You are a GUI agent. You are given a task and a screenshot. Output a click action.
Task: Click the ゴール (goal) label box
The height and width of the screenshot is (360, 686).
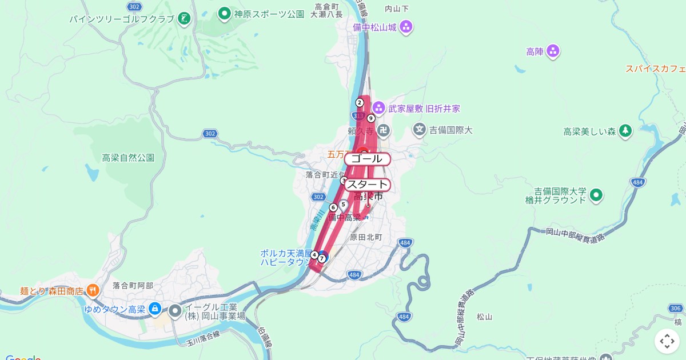367,159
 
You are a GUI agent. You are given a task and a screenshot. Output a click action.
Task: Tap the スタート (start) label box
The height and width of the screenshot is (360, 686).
367,185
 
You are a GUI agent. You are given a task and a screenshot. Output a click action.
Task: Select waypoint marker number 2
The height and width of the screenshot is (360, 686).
360,103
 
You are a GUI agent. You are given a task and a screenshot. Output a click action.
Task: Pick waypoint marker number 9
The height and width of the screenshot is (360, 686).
371,118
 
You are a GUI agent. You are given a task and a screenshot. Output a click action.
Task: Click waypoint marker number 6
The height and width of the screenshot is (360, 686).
333,207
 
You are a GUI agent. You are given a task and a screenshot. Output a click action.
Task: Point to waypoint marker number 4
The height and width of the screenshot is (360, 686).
314,255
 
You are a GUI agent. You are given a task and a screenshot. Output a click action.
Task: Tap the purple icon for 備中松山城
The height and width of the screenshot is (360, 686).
406,26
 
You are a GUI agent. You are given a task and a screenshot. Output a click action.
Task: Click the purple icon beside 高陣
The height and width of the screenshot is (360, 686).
553,52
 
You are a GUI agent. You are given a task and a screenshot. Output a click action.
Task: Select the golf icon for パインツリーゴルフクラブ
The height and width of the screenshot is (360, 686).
184,19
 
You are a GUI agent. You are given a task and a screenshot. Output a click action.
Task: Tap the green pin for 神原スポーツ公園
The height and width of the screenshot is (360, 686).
225,13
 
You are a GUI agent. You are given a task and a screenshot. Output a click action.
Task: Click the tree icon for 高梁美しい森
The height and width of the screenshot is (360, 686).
625,131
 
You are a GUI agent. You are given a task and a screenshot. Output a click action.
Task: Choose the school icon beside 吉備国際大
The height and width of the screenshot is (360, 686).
420,130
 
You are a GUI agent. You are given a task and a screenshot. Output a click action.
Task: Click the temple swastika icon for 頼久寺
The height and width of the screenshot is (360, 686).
384,131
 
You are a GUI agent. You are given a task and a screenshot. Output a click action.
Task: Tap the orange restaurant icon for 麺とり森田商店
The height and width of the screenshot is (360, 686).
93,290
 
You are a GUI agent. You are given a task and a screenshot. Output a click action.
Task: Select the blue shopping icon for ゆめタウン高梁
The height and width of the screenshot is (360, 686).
154,309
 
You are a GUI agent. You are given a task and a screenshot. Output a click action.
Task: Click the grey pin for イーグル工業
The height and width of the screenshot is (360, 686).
175,311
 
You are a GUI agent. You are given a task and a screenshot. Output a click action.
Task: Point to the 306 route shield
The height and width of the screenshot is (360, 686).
676,309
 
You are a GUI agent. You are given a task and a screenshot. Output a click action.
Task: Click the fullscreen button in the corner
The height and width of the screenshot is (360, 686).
667,341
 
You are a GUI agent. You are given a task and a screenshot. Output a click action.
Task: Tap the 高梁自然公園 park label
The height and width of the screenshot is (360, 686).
128,158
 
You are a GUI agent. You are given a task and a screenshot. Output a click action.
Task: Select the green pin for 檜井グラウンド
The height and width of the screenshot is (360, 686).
596,195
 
